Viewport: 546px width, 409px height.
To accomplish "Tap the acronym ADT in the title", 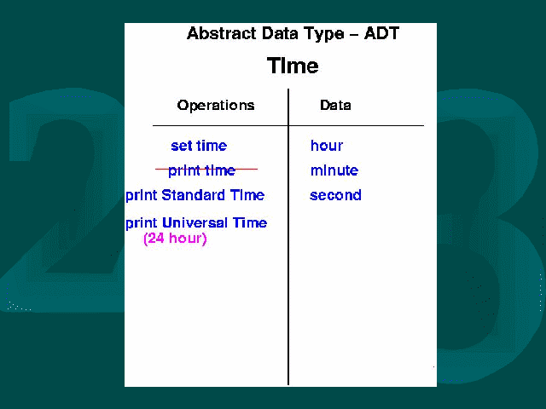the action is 381,34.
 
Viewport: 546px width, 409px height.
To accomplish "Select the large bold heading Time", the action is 293,66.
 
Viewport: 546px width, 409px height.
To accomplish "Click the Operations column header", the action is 216,106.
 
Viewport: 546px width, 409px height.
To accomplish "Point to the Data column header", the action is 335,105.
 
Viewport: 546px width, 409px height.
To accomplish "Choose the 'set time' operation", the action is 199,146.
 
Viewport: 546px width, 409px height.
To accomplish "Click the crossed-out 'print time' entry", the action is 202,170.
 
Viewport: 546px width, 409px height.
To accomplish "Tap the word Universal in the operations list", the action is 195,222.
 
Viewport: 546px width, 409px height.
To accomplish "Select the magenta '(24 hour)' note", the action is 175,239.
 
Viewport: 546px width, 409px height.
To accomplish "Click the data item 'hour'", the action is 327,146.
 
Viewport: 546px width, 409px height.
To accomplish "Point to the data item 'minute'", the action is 334,170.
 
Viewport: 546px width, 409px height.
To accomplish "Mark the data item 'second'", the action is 335,195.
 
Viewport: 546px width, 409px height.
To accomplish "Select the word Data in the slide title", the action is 281,34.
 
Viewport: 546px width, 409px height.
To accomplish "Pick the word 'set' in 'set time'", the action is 180,146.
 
